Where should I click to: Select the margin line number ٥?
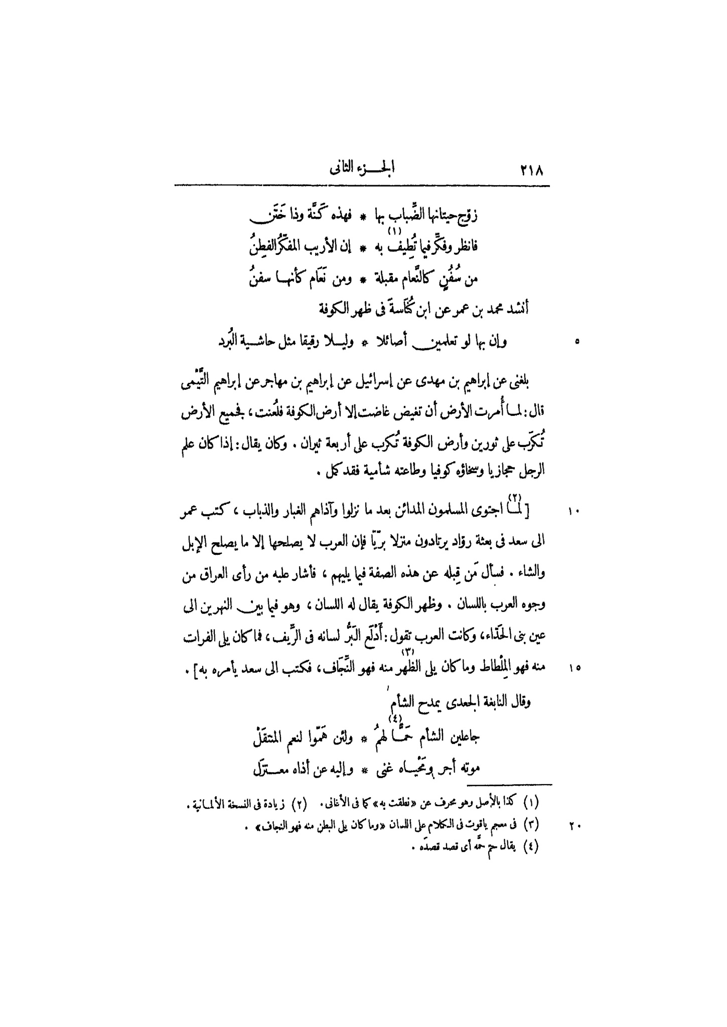577,342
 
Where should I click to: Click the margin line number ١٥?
574,668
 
